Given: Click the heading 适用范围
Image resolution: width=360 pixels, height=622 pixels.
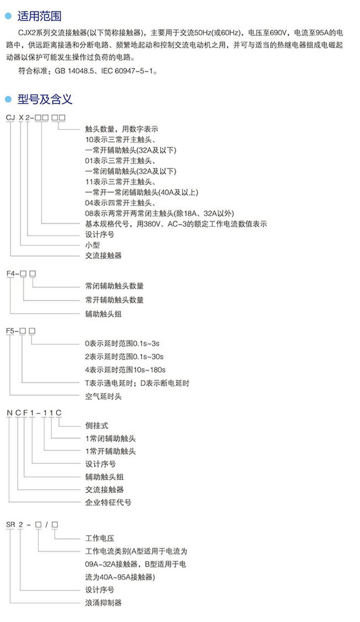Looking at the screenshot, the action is (39, 16).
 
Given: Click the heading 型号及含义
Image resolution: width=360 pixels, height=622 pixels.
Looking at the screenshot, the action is (45, 99).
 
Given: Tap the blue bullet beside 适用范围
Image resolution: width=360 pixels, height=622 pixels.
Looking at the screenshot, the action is (8, 16).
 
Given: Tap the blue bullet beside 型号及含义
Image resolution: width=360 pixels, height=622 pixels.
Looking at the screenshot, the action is (8, 99).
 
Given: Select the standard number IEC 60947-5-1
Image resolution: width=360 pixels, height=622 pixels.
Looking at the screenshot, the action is (127, 71).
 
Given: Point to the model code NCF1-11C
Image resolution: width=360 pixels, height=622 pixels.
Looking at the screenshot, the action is (34, 413).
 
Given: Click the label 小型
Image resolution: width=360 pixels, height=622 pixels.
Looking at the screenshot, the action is (92, 245).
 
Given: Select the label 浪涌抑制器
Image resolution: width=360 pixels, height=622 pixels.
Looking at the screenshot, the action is (103, 603).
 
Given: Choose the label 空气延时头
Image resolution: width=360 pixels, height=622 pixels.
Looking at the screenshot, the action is (103, 396).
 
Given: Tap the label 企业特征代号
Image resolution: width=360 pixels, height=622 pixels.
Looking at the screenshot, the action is (108, 502).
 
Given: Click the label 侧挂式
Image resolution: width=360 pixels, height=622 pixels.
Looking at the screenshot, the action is (96, 426).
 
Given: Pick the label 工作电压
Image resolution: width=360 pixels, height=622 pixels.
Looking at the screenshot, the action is (100, 538).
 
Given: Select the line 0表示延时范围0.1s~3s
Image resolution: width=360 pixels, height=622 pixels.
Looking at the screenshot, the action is (122, 344).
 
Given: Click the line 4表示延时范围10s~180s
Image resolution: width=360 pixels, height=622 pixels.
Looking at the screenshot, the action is (125, 369).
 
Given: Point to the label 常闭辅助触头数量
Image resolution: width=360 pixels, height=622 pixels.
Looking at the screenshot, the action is (115, 286).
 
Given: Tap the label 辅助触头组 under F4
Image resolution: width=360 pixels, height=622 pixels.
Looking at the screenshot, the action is (103, 314).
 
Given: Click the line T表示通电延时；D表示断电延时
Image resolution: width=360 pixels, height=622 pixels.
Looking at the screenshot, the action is (137, 383).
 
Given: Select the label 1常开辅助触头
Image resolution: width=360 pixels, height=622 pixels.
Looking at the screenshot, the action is (110, 451).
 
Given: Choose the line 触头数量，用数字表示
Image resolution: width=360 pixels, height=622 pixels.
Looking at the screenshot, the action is (122, 129).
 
